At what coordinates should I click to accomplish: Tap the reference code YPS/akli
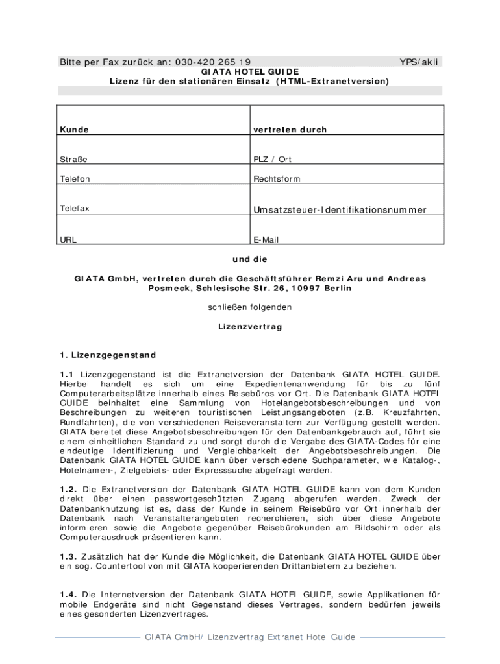[x=419, y=62]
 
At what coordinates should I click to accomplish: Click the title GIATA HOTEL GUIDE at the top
[x=250, y=72]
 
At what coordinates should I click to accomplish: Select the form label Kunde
[x=75, y=130]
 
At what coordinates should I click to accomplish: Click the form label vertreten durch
[x=290, y=130]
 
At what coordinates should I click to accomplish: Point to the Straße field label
[x=74, y=160]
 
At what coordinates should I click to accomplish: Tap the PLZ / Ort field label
[x=273, y=160]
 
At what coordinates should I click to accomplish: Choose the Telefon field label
[x=75, y=179]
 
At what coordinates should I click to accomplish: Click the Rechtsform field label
[x=277, y=179]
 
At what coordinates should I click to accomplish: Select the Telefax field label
[x=75, y=209]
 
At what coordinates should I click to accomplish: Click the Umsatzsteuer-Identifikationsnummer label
[x=340, y=209]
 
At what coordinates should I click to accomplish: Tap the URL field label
[x=68, y=240]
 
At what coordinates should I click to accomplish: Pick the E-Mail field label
[x=266, y=240]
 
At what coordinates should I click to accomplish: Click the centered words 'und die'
[x=250, y=259]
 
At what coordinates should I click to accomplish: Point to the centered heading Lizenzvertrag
[x=250, y=327]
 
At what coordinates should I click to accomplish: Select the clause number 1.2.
[x=69, y=489]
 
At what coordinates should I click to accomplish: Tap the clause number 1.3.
[x=69, y=556]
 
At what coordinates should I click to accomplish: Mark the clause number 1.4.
[x=69, y=595]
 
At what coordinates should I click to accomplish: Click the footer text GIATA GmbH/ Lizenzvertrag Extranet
[x=250, y=637]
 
